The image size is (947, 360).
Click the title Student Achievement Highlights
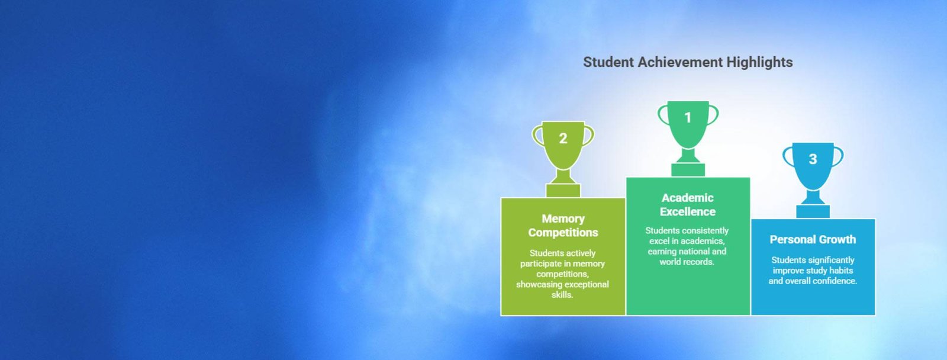pyautogui.click(x=688, y=62)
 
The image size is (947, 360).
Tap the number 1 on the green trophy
pyautogui.click(x=688, y=117)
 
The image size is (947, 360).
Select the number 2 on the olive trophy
pyautogui.click(x=563, y=139)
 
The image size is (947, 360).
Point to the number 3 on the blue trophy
pyautogui.click(x=813, y=159)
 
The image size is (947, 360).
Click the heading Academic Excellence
pyautogui.click(x=687, y=205)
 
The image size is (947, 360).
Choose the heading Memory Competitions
pyautogui.click(x=563, y=226)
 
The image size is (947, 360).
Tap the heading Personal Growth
pyautogui.click(x=813, y=239)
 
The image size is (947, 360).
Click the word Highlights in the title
pyautogui.click(x=760, y=62)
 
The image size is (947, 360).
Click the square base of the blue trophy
pyautogui.click(x=813, y=211)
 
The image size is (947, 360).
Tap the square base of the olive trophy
pyautogui.click(x=563, y=191)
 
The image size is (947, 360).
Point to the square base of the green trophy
pyautogui.click(x=688, y=169)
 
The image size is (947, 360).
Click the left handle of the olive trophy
pyautogui.click(x=536, y=136)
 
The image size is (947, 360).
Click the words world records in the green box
pyautogui.click(x=687, y=262)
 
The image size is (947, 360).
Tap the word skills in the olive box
pyautogui.click(x=562, y=295)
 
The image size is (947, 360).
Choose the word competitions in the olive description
pyautogui.click(x=562, y=274)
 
